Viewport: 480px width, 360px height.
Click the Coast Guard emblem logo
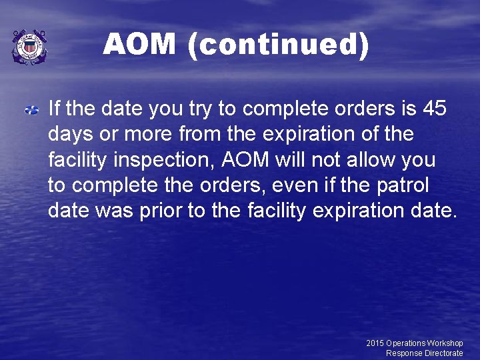click(29, 47)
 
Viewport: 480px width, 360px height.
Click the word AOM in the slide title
click(139, 45)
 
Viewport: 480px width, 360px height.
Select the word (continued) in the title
click(278, 45)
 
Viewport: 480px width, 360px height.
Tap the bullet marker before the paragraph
click(32, 109)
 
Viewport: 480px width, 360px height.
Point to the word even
click(291, 185)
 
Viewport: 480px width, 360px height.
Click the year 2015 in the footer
click(375, 343)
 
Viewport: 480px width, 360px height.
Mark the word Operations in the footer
click(406, 343)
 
